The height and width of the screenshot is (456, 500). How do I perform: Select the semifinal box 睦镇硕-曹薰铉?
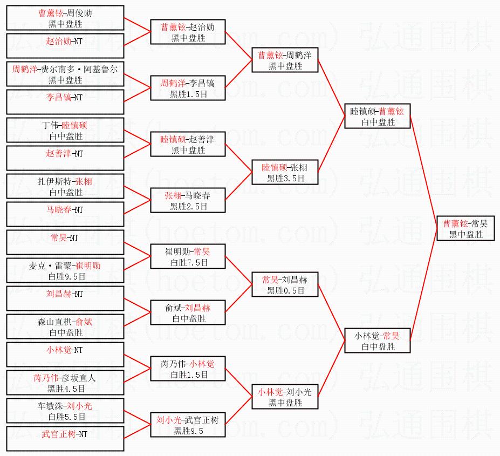coord(378,116)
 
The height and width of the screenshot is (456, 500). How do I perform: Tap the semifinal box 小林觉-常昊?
coord(378,341)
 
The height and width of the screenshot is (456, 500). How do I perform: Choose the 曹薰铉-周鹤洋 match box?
coord(285,60)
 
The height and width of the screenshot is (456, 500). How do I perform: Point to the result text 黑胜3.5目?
coord(285,178)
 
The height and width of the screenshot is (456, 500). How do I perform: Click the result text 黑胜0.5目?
coord(285,290)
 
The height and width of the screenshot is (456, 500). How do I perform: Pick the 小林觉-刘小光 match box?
coord(285,397)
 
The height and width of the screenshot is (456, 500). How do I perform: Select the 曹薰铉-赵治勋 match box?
coord(188,32)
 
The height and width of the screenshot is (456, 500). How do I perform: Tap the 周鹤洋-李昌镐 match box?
coord(188,88)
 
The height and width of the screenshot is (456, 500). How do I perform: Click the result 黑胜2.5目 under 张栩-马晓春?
coord(188,206)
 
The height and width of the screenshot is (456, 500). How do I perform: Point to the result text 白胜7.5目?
coord(188,262)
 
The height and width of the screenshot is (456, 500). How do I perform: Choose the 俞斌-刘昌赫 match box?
coord(188,312)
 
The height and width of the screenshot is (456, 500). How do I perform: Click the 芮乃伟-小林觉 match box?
coord(188,369)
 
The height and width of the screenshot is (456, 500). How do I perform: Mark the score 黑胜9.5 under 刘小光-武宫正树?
coord(188,431)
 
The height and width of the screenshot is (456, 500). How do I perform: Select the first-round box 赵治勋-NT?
coord(65,46)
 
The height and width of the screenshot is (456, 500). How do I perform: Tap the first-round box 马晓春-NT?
coord(65,214)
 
